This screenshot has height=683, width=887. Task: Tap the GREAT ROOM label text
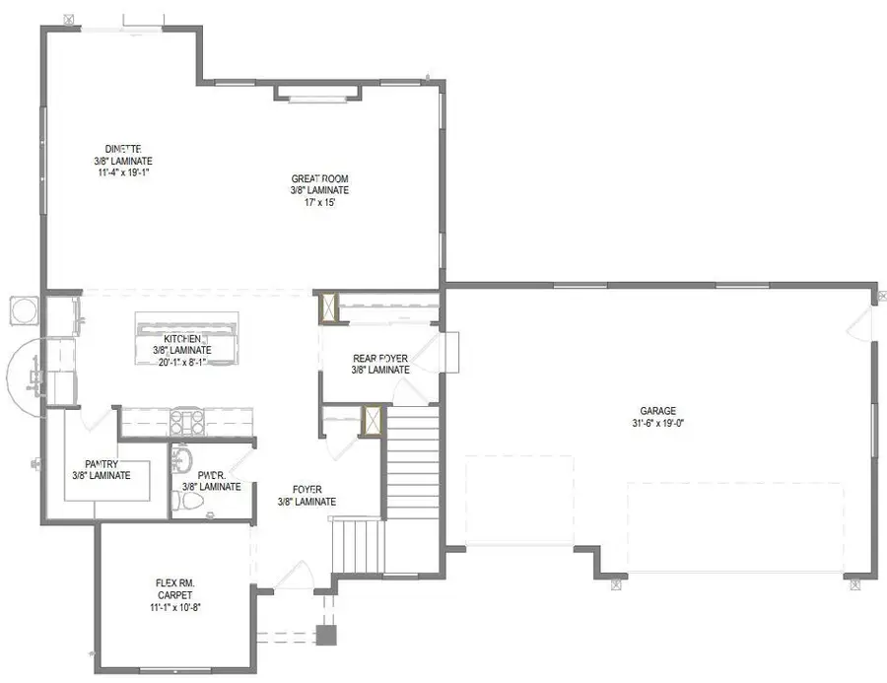(319, 178)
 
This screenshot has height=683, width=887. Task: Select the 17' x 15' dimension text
(319, 203)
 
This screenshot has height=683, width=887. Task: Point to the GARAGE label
(657, 411)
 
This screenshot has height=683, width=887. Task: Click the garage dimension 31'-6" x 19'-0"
(657, 423)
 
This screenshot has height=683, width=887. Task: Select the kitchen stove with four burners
(187, 422)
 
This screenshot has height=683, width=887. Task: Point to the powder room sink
(180, 459)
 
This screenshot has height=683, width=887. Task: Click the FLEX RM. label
(175, 583)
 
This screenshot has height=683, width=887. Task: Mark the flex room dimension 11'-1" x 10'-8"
(175, 607)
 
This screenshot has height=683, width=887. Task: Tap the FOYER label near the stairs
(307, 490)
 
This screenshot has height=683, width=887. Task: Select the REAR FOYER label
(380, 359)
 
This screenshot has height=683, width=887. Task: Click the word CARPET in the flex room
(175, 595)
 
